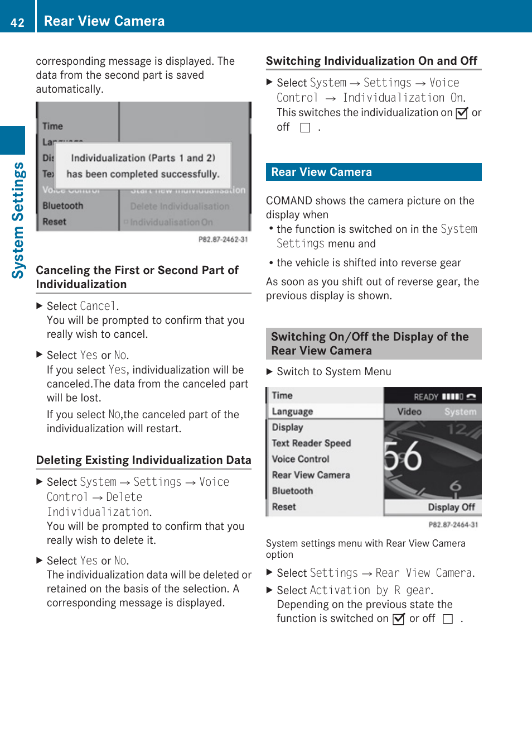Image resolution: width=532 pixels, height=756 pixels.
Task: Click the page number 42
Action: pyautogui.click(x=17, y=22)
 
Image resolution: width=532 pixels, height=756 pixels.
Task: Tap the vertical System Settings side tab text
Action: pyautogui.click(x=18, y=220)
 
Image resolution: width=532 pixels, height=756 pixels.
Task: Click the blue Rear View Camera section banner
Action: pyautogui.click(x=373, y=172)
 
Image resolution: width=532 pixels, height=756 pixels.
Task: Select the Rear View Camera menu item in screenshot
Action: pyautogui.click(x=311, y=475)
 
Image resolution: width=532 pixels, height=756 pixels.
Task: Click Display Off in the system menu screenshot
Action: pyautogui.click(x=451, y=507)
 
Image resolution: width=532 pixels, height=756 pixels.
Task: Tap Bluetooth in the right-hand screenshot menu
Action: pyautogui.click(x=292, y=491)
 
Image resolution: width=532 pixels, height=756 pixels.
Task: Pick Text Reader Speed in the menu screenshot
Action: pyautogui.click(x=311, y=443)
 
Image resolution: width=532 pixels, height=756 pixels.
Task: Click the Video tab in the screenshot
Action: pyautogui.click(x=409, y=412)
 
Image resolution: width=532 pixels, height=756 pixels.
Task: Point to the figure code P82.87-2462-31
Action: pyautogui.click(x=223, y=240)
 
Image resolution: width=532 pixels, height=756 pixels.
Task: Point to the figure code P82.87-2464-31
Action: pyautogui.click(x=453, y=525)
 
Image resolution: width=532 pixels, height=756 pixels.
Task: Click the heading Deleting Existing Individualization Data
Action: pyautogui.click(x=143, y=460)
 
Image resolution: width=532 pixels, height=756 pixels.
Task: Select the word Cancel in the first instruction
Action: pyautogui.click(x=98, y=306)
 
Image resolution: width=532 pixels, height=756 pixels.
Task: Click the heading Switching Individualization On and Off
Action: pyautogui.click(x=371, y=61)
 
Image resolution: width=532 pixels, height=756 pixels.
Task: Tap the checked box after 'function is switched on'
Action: pyautogui.click(x=398, y=619)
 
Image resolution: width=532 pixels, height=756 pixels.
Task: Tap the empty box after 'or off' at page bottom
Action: pyautogui.click(x=447, y=619)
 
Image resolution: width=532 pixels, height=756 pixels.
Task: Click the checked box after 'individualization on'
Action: pyautogui.click(x=461, y=113)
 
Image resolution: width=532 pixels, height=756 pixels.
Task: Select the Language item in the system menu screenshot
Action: pyautogui.click(x=292, y=412)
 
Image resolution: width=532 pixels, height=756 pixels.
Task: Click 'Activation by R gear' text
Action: pyautogui.click(x=370, y=590)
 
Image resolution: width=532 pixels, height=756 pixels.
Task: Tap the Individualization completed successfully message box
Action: pyautogui.click(x=143, y=166)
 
